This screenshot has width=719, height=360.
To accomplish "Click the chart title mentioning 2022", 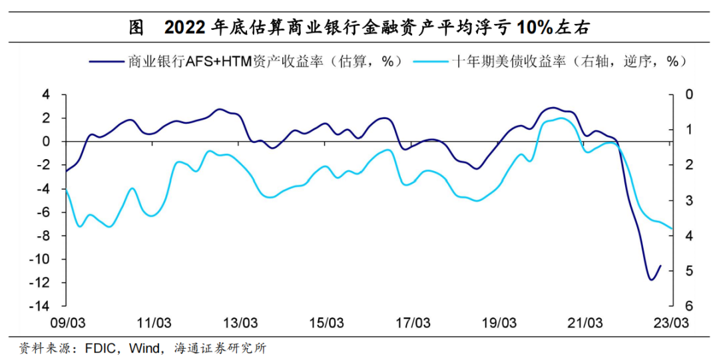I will [x=359, y=27].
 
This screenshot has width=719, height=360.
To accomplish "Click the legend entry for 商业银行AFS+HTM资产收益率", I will [x=256, y=62].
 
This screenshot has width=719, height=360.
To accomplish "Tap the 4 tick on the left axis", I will [x=46, y=94].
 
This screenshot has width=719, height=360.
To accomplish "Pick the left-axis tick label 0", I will [x=46, y=142].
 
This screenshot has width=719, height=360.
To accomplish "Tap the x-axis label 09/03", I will [x=67, y=323].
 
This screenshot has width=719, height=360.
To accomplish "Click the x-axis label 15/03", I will [x=327, y=323].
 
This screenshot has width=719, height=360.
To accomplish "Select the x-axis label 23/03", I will [x=672, y=323].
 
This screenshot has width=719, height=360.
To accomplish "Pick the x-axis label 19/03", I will [x=500, y=323].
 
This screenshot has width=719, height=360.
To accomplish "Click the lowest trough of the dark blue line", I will [x=651, y=279].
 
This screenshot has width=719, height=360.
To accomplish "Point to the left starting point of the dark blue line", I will [x=65, y=171].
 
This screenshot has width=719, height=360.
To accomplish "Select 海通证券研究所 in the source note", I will [x=220, y=347].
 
